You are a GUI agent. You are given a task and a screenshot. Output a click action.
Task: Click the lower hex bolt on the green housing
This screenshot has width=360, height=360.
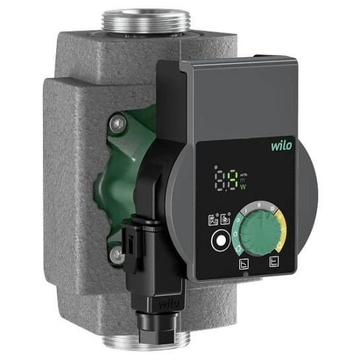point(117,253)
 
